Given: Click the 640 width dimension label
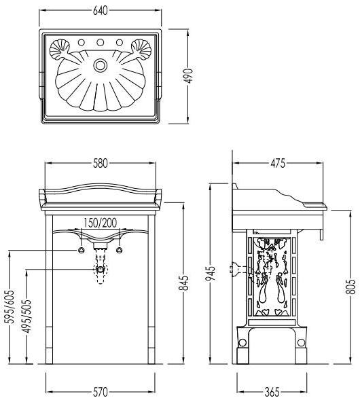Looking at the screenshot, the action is (x=101, y=11).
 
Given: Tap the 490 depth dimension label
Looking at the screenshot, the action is (x=190, y=76).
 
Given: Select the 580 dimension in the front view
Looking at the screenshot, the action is (x=101, y=163).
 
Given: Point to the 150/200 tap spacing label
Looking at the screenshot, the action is (x=101, y=223).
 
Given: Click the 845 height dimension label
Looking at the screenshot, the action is (x=183, y=283).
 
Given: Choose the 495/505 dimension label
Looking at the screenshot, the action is (x=26, y=316).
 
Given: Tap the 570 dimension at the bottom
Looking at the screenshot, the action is (x=101, y=392).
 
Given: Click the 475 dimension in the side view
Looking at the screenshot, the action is (x=278, y=163).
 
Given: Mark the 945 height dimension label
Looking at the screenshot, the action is (x=211, y=273).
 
